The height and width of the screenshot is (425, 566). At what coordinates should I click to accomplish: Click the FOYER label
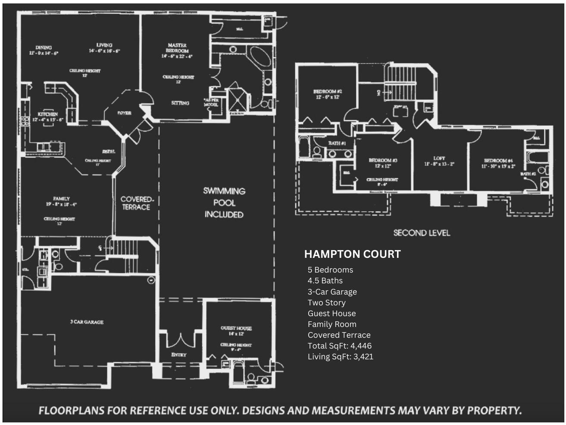(x=124, y=113)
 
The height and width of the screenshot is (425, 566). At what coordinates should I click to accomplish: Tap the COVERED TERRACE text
(x=136, y=203)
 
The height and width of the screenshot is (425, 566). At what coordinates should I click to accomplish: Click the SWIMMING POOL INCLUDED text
(x=224, y=203)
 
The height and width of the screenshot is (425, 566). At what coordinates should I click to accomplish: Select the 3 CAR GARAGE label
(x=87, y=322)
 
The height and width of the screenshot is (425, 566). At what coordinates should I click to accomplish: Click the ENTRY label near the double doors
(x=179, y=355)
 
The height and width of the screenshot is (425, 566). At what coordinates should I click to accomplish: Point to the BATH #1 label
(x=337, y=143)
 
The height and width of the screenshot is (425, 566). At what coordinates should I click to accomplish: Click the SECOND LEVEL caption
(x=422, y=233)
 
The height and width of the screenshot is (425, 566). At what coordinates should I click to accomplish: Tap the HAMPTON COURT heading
(x=352, y=254)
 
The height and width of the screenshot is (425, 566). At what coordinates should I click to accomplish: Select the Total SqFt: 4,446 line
(x=340, y=346)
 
